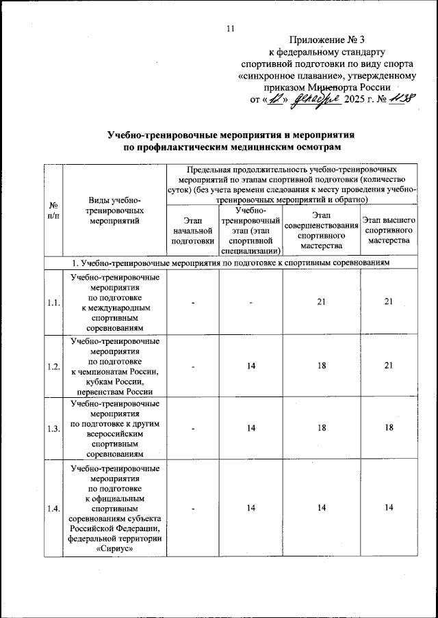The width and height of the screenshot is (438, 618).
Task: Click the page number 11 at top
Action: coord(230,28)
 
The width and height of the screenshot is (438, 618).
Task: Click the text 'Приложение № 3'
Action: coord(327,39)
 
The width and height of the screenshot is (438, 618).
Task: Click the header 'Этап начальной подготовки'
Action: coord(193,230)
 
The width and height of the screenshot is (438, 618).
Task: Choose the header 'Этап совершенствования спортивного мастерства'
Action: coord(321,230)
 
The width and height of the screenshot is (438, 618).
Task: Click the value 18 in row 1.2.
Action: coord(321,366)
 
